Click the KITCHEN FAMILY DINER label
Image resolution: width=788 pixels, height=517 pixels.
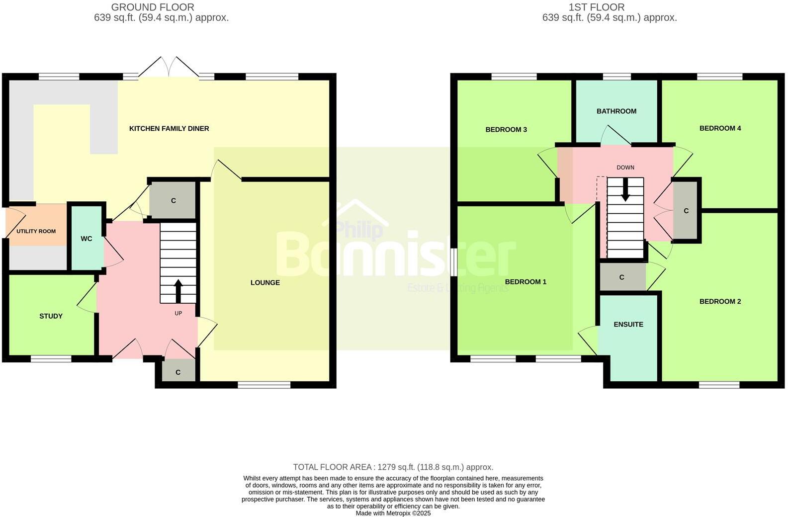[169, 129]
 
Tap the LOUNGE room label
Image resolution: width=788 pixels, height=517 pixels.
[265, 283]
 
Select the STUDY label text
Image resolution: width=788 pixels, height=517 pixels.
[51, 316]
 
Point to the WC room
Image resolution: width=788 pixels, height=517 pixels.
[87, 239]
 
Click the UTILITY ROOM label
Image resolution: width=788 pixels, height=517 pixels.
[36, 232]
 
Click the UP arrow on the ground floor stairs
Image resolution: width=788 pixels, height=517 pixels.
[178, 290]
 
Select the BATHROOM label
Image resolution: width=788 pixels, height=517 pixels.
[616, 111]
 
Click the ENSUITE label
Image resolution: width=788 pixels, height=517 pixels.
[628, 325]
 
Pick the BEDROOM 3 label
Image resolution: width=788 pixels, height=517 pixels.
[506, 130]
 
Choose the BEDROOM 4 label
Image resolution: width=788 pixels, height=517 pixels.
[720, 128]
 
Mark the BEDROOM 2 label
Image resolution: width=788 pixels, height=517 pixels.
[720, 302]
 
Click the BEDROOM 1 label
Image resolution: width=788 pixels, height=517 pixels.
[525, 282]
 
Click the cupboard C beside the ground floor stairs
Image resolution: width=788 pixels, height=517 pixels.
[173, 200]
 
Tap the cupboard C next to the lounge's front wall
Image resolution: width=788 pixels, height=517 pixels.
[178, 372]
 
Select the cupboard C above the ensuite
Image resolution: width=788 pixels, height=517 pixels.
[622, 277]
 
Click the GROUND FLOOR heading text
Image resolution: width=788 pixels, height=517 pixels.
[153, 7]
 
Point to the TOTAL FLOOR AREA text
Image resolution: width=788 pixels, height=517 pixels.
[393, 467]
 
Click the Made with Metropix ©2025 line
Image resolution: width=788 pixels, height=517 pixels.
[393, 514]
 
